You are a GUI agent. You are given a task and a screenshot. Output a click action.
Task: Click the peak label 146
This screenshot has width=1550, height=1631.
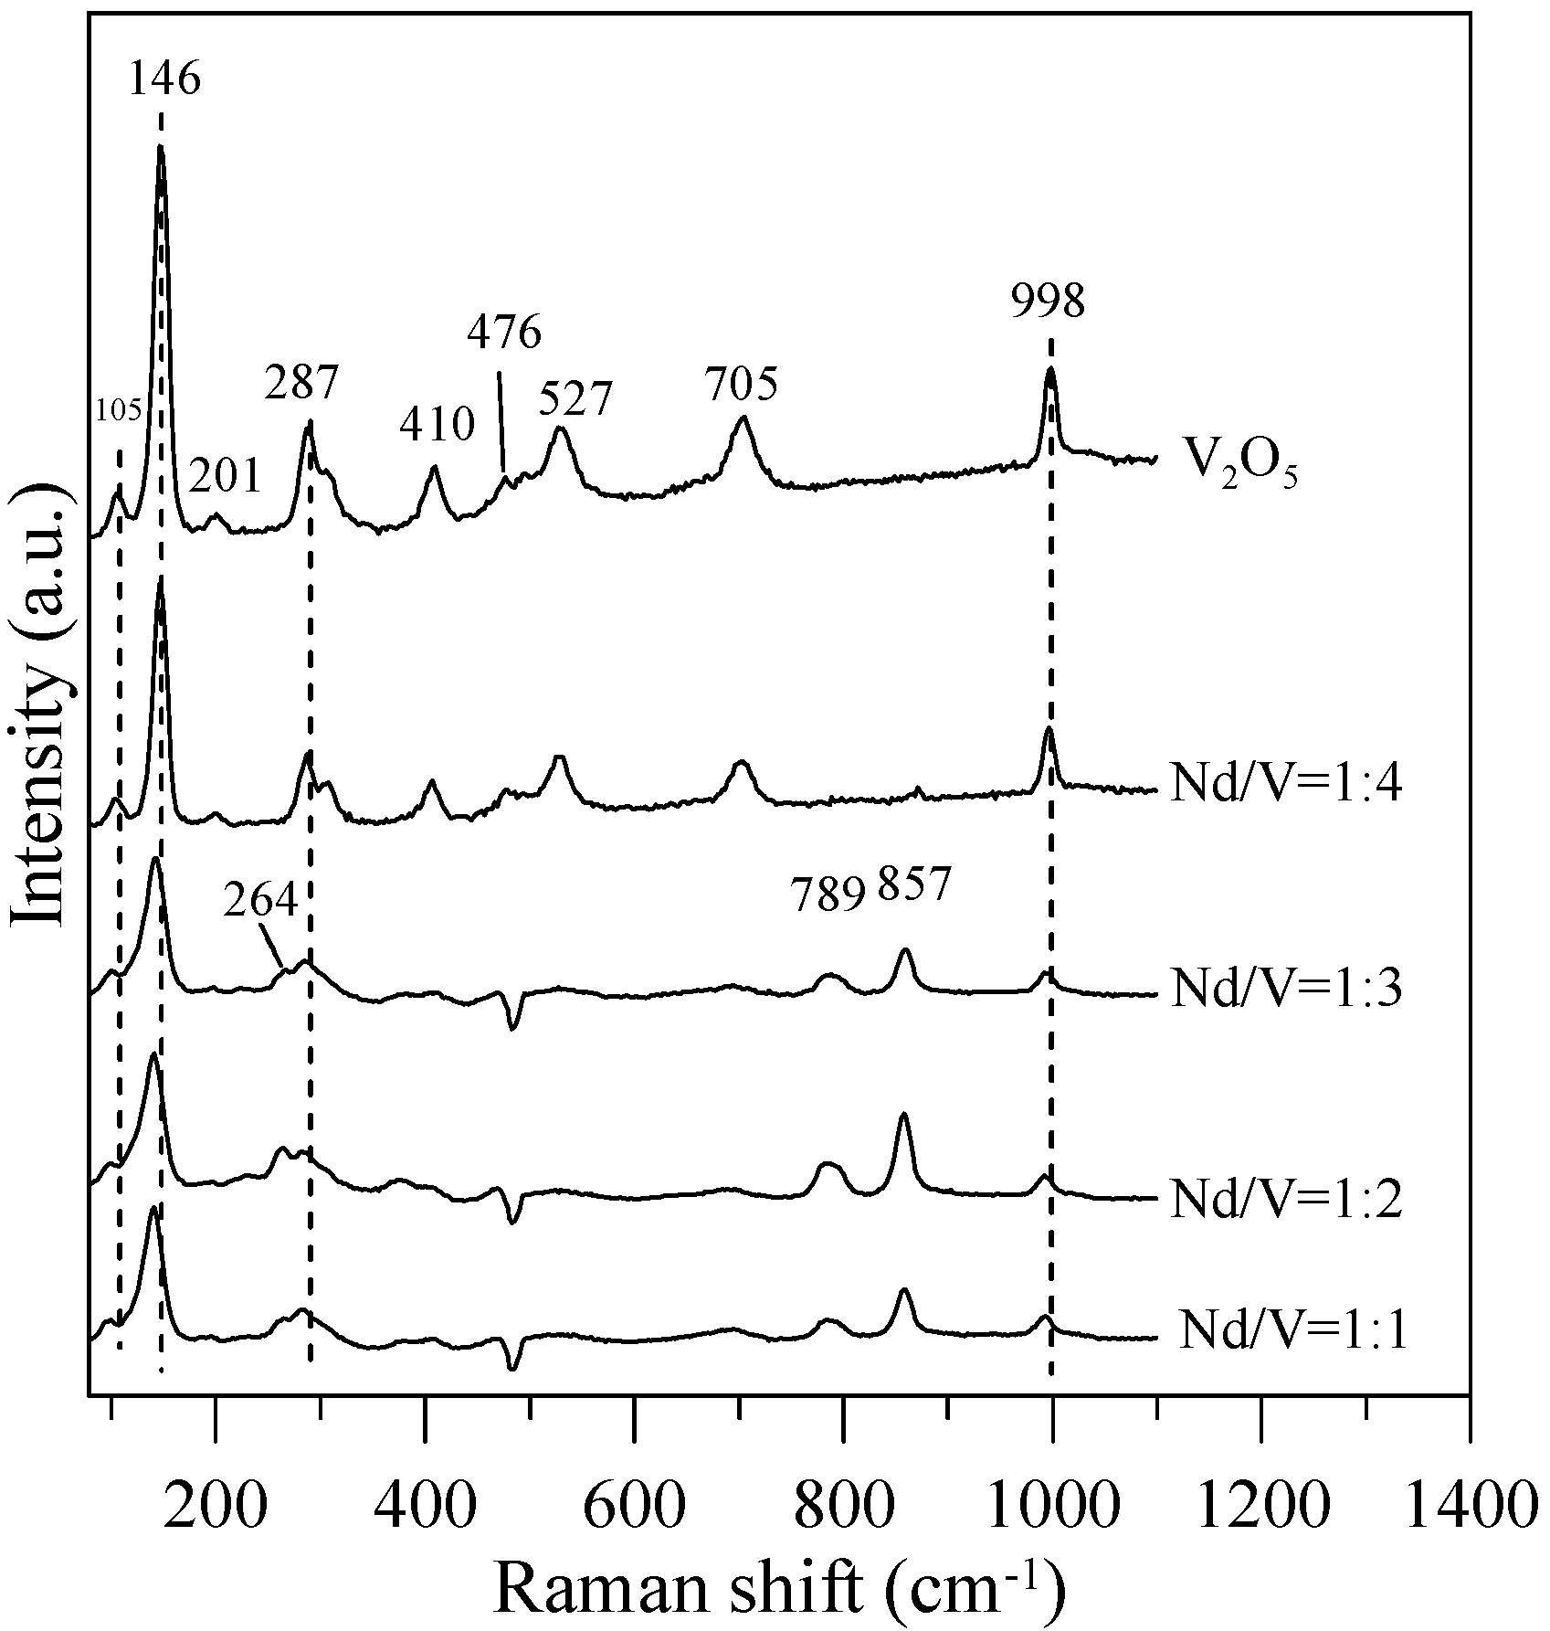[x=164, y=79]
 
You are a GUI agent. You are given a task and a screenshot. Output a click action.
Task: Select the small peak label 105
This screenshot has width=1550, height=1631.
[x=119, y=411]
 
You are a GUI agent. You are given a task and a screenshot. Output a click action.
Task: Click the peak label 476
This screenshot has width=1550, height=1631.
[x=504, y=333]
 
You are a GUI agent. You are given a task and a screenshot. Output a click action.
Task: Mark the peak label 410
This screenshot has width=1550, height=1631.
[x=438, y=425]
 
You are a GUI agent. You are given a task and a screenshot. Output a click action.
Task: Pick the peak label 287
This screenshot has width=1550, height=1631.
[x=301, y=383]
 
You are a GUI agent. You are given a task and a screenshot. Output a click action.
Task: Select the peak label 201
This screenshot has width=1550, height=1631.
[x=225, y=476]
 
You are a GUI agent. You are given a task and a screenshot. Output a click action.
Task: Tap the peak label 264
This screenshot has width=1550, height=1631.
[x=260, y=902]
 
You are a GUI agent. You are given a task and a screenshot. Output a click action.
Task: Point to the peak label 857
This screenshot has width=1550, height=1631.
[x=914, y=884]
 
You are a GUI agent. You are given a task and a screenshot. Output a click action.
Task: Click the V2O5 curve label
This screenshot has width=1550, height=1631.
[x=1239, y=467]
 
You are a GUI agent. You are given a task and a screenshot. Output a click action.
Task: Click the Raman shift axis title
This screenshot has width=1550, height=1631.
[x=779, y=1587]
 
